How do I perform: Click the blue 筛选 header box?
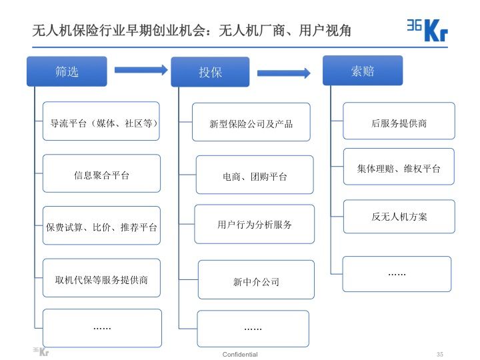[67, 71]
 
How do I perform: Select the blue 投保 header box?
[210, 72]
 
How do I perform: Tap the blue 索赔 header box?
[362, 71]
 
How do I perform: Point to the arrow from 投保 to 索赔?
[283, 73]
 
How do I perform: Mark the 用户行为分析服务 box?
[255, 224]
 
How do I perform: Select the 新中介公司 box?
[256, 280]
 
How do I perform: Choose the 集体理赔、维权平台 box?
[399, 167]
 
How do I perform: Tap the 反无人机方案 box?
[399, 216]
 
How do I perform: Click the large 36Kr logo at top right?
[427, 29]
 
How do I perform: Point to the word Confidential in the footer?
[240, 354]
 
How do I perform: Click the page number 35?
[439, 354]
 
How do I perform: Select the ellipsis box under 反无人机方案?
[397, 273]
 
